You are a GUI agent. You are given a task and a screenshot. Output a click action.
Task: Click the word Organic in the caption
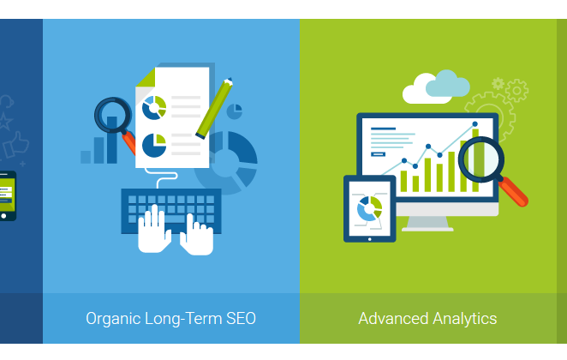(113, 319)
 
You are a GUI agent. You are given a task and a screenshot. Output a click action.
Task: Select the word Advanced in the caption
(393, 319)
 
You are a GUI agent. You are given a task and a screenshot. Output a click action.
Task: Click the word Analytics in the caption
(465, 319)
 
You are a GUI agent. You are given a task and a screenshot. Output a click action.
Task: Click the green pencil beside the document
(214, 108)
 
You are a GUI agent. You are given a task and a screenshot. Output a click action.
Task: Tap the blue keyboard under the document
(171, 211)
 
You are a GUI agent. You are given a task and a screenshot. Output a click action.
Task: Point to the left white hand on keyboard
(154, 230)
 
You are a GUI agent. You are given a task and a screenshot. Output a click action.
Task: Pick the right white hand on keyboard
(197, 236)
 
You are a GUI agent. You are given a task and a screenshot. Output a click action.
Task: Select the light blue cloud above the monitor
(448, 84)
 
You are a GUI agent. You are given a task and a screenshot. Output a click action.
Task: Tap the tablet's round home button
(369, 239)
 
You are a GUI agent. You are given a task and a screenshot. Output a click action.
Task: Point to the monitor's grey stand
(427, 224)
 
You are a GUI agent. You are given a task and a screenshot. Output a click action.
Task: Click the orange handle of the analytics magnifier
(513, 192)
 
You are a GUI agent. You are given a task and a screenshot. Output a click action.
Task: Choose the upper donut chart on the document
(154, 108)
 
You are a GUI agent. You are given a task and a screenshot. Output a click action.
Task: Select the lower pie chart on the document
(154, 146)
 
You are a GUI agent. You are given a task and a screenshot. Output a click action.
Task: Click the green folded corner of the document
(146, 77)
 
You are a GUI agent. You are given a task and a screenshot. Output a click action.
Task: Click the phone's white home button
(3, 216)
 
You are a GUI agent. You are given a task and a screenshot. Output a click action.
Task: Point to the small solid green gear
(498, 84)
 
